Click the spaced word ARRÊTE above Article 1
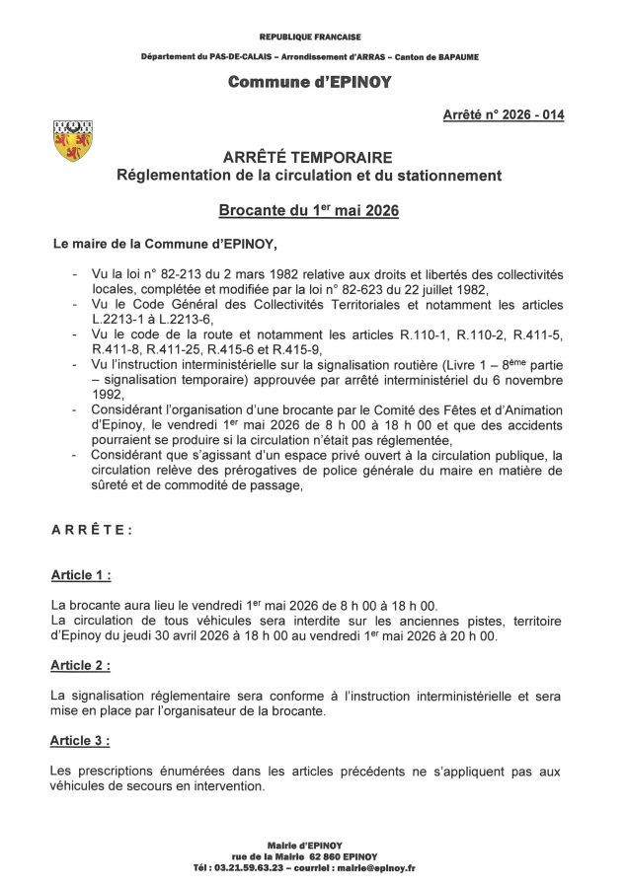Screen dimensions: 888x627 coord(92,529)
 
